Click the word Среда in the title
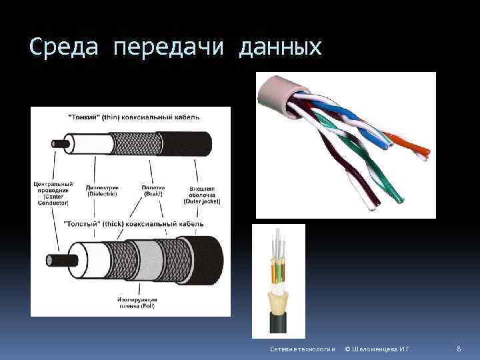tap(63, 47)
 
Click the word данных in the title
tap(280, 48)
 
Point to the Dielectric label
tap(102, 191)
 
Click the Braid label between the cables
tap(153, 191)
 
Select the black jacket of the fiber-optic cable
tap(278, 323)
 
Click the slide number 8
tap(459, 349)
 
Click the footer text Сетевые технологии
tap(293, 350)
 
